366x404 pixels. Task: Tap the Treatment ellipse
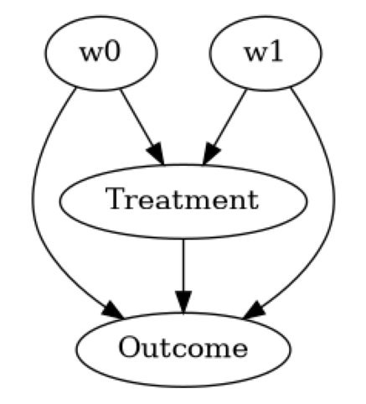(x=183, y=200)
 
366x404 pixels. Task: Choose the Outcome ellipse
(x=183, y=346)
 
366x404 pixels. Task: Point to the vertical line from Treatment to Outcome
(x=183, y=264)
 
